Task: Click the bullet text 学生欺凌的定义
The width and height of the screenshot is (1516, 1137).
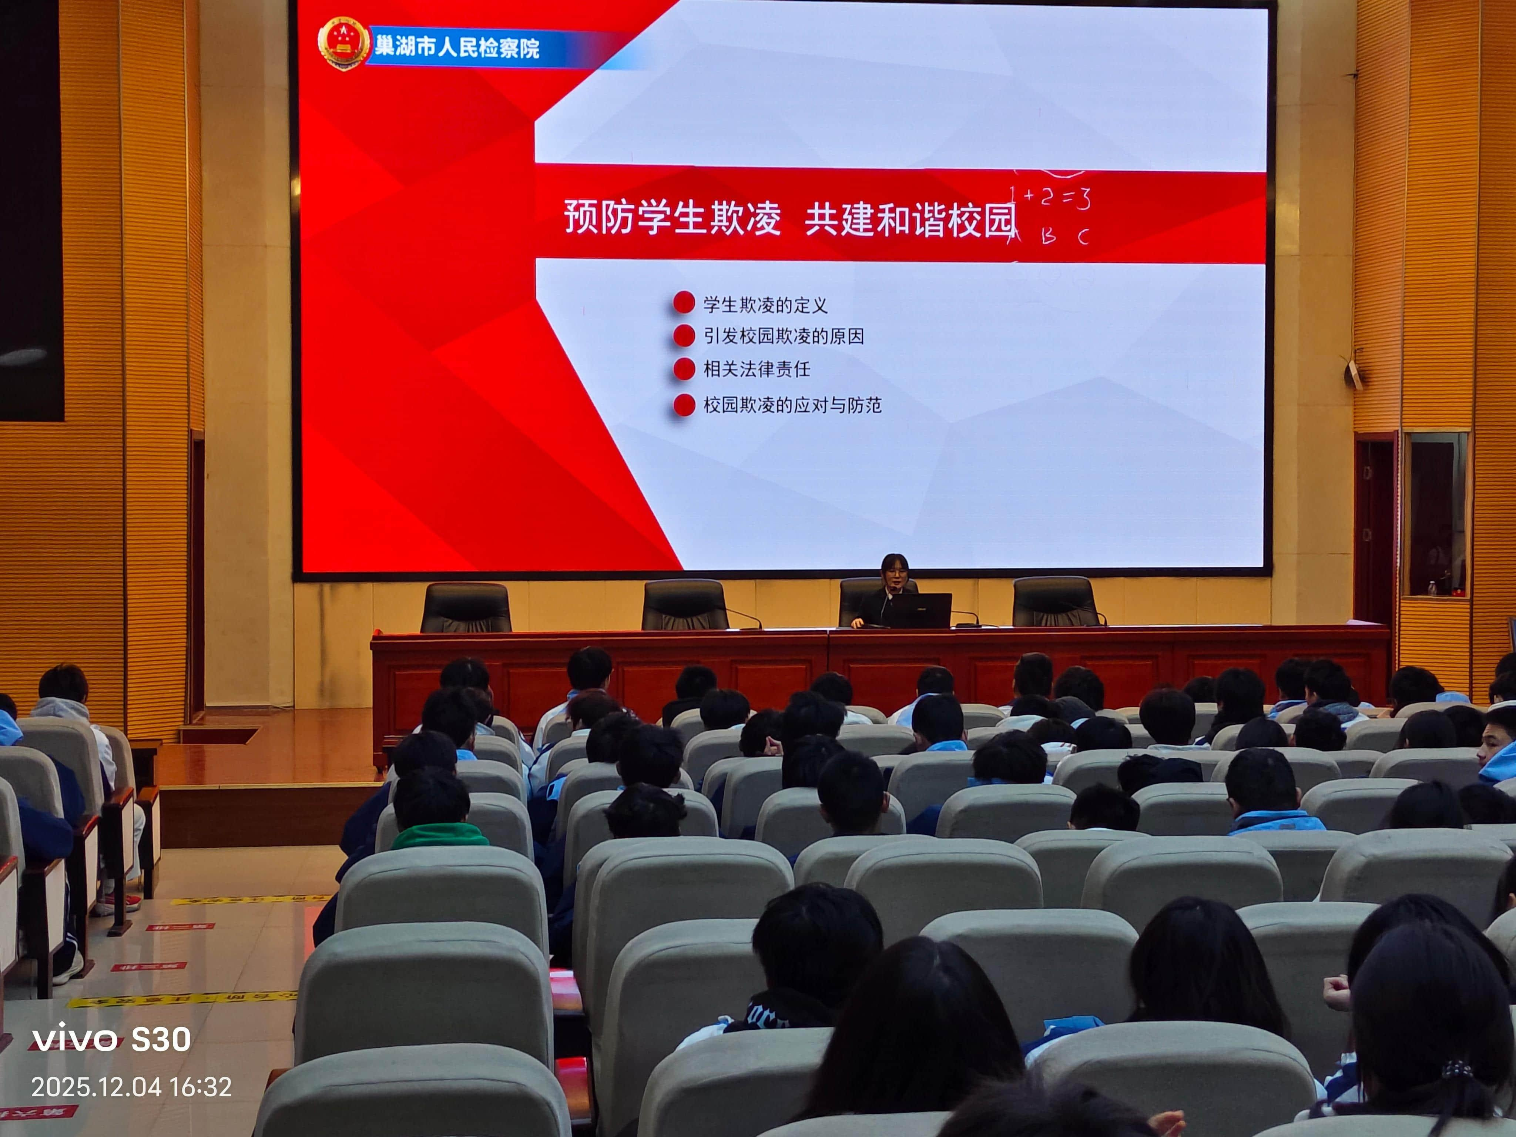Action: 765,305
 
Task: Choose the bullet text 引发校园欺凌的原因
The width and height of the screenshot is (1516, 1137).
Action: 784,336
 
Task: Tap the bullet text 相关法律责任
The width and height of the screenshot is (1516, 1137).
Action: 757,369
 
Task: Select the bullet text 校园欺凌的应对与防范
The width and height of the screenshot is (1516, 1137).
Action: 792,405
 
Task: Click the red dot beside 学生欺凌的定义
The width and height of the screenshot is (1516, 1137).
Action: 684,302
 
